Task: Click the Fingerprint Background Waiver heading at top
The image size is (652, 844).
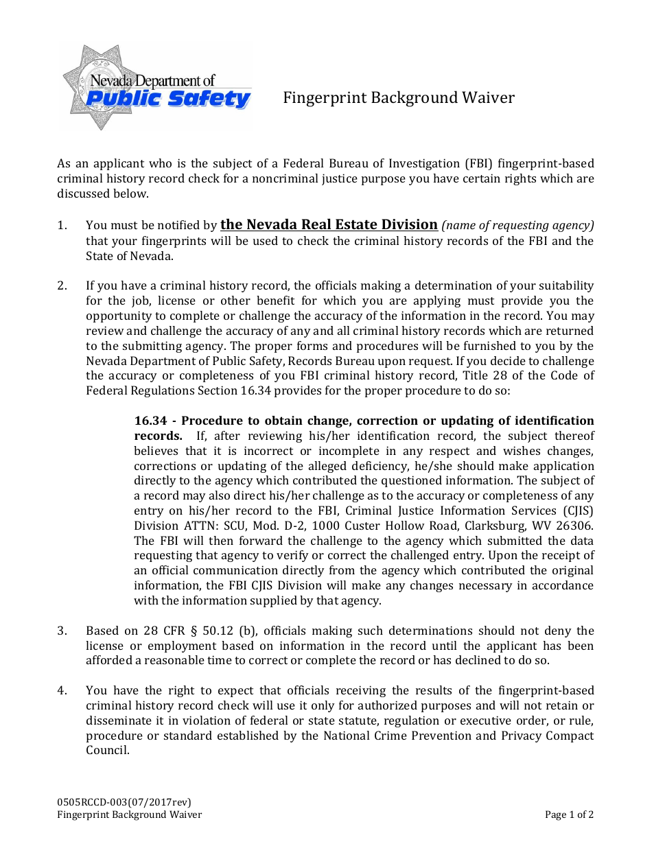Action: click(399, 98)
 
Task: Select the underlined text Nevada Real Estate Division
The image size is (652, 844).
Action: click(329, 224)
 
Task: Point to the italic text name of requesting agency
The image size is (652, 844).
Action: click(517, 225)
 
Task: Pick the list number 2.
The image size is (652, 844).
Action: click(62, 285)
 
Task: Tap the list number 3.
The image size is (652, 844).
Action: click(62, 631)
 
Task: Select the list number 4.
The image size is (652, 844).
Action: click(62, 690)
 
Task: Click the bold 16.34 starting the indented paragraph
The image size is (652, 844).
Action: click(151, 421)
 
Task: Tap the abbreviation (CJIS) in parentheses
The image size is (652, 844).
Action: click(576, 511)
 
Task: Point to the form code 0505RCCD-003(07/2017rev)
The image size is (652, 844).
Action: click(124, 801)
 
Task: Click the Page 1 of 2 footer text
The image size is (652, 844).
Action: click(569, 814)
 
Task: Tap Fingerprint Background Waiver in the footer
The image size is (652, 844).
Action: click(129, 814)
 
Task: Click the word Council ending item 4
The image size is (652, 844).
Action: click(107, 751)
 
